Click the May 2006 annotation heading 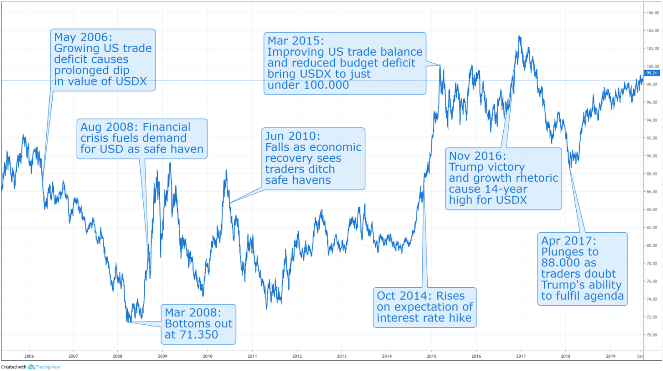83,38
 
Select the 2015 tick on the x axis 432,356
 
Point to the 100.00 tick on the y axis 653,67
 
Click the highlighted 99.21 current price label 651,73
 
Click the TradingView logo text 47,367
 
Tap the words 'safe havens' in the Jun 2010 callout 298,181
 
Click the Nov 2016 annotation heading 477,156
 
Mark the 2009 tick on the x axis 162,356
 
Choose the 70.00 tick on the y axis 653,335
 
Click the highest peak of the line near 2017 520,37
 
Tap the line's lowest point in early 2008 128,321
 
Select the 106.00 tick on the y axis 653,13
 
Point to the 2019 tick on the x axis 610,356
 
